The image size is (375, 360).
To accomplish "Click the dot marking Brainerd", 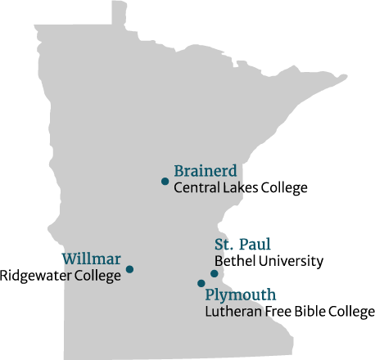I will tap(165, 181).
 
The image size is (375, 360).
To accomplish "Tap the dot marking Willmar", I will tap(129, 269).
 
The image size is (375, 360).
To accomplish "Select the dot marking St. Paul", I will tap(214, 273).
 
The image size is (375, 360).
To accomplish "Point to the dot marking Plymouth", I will tap(201, 283).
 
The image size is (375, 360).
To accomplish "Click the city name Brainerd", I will tap(206, 171).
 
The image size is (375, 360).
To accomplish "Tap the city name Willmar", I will tap(92, 259).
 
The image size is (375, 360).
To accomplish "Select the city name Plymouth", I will tap(240, 295).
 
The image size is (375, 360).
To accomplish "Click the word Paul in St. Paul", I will tap(255, 244).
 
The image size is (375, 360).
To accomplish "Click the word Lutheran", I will tap(233, 312).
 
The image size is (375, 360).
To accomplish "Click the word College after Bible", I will tap(352, 312).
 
